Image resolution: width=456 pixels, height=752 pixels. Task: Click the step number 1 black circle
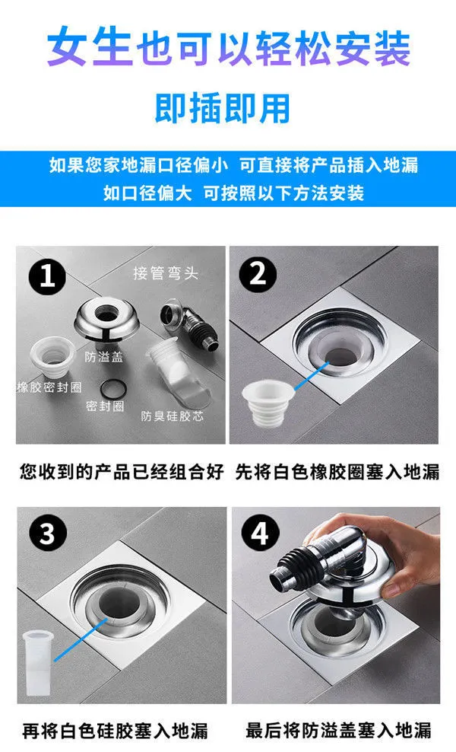(x=47, y=276)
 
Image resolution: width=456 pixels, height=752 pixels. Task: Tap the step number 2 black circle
(x=258, y=274)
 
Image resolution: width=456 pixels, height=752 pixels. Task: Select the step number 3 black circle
(x=47, y=533)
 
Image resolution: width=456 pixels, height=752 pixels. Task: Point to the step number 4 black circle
(x=260, y=533)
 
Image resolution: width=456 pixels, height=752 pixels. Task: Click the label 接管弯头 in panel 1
(x=165, y=273)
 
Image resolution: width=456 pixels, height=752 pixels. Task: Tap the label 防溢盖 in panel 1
(x=104, y=356)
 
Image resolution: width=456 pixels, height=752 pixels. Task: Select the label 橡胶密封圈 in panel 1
(x=49, y=387)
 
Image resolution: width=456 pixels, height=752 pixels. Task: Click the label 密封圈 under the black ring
(x=105, y=406)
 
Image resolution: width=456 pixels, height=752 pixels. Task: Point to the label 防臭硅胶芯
(x=172, y=416)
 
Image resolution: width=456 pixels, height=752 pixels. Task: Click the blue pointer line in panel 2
(x=312, y=375)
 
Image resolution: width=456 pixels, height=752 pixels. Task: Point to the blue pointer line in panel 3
(x=80, y=640)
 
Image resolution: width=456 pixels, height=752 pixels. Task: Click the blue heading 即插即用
(x=223, y=108)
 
